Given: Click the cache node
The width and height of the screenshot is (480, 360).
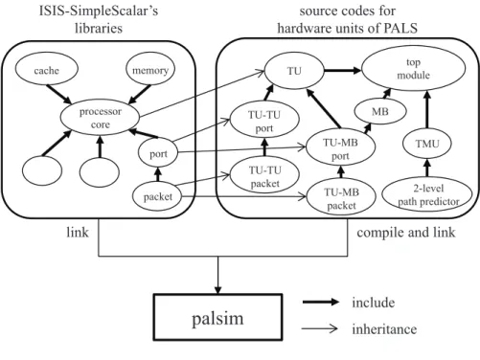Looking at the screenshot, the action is tap(46, 69).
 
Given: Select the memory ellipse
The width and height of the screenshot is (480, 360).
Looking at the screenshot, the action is tap(150, 69).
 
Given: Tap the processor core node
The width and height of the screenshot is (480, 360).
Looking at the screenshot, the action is tap(100, 118).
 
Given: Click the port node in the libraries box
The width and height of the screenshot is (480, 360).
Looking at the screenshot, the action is tap(158, 154).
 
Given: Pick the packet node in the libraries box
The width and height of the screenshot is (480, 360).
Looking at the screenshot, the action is tap(157, 196).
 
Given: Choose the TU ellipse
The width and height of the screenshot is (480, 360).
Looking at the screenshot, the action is tap(294, 71).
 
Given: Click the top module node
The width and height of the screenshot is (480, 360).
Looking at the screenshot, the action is tap(413, 68).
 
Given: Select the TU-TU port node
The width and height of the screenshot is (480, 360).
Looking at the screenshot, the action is tap(264, 121).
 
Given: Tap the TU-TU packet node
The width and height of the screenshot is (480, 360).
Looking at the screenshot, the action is tap(264, 176).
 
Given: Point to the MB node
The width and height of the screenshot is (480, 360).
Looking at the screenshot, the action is tap(380, 111).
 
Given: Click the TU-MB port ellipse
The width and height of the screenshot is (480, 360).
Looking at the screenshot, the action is tap(340, 148).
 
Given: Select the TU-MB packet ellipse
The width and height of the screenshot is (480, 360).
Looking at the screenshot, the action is tap(341, 198).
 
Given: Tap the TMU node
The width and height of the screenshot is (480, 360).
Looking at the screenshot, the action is tap(427, 144).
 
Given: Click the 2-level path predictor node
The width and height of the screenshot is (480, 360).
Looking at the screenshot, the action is tap(427, 194).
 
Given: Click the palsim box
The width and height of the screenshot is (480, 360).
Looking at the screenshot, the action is tap(217, 317).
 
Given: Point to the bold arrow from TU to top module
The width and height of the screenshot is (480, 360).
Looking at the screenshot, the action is tap(342, 71).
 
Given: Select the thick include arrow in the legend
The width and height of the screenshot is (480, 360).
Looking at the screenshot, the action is tap(321, 302).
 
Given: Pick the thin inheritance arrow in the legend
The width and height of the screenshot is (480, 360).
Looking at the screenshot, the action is tap(319, 328).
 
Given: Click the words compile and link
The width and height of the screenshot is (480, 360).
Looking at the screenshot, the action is tap(406, 233).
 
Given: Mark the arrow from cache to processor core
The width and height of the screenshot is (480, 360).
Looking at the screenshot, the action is tap(59, 94).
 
